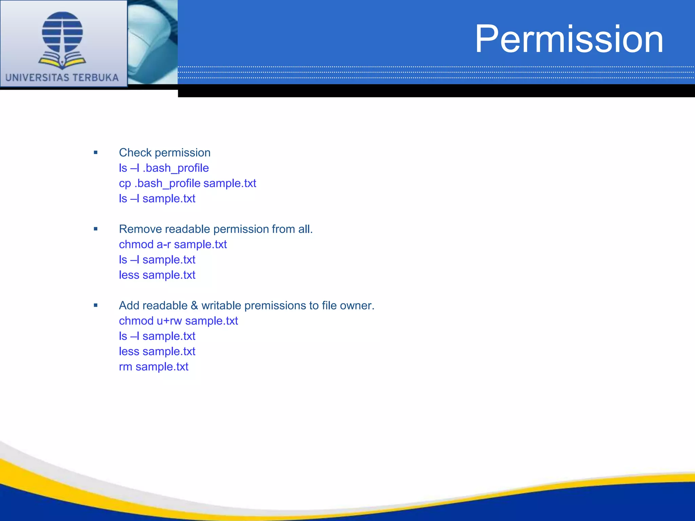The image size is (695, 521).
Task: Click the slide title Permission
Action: point(569,39)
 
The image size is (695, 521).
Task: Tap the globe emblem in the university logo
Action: point(62,32)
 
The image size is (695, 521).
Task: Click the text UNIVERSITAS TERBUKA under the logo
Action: point(62,78)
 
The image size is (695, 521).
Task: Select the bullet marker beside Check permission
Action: point(96,153)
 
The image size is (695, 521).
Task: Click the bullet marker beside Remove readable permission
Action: point(96,229)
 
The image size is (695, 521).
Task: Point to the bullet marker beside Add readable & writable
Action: point(96,305)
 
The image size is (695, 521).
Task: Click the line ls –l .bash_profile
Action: point(164,168)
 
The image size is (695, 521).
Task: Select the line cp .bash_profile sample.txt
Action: point(187,183)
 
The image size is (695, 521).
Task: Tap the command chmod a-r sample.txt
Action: point(173,244)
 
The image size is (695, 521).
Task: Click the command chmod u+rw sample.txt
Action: point(178,321)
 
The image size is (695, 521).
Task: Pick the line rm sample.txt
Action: point(153,367)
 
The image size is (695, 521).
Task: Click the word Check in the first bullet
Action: point(135,153)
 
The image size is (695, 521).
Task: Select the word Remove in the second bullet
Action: point(140,229)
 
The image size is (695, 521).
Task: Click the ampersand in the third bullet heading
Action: point(194,305)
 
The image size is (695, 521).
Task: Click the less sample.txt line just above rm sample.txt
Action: point(157,351)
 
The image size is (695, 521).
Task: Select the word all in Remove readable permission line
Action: point(305,229)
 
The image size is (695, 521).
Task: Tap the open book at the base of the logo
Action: point(62,62)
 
